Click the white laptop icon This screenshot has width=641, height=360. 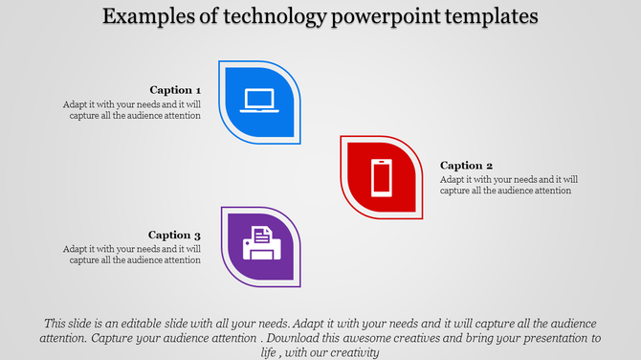pos(260,101)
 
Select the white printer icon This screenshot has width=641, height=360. pos(260,243)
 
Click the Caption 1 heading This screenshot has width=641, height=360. pos(175,90)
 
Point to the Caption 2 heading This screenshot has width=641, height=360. pos(466,166)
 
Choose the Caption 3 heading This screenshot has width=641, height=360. pos(175,235)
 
